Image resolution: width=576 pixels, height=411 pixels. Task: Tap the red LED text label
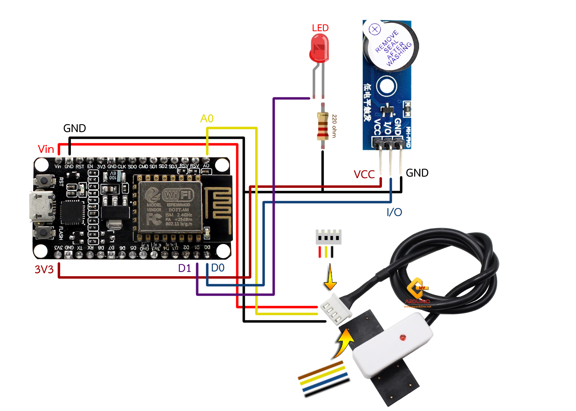[320, 28]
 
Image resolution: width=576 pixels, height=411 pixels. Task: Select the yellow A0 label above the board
[207, 118]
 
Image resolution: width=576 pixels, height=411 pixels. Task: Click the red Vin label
[46, 149]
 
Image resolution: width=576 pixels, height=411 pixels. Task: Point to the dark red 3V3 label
[44, 269]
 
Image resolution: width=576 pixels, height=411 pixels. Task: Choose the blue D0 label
[218, 268]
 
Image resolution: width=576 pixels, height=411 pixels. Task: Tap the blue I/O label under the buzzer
[394, 212]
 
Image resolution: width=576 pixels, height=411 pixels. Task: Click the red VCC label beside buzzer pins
[364, 174]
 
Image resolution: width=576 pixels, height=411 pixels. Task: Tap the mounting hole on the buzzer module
[386, 86]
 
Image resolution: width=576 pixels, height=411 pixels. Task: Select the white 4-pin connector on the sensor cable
[336, 309]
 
